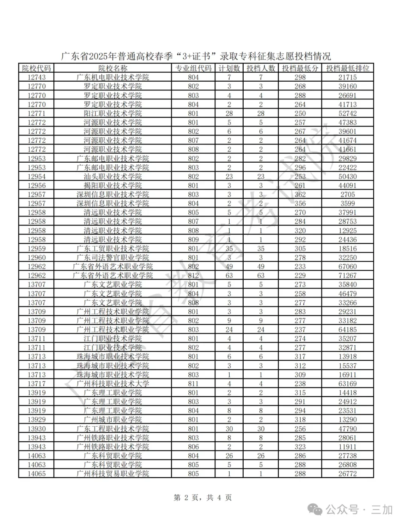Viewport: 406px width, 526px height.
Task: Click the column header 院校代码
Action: click(x=36, y=68)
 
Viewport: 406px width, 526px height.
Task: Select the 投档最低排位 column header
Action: click(x=347, y=68)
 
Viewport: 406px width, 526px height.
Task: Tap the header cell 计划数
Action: click(x=229, y=68)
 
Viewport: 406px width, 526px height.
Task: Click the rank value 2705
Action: click(x=347, y=195)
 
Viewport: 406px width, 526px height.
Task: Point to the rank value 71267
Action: click(x=347, y=276)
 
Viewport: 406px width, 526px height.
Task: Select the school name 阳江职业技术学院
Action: click(x=113, y=113)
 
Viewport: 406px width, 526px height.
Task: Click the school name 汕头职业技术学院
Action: click(x=113, y=177)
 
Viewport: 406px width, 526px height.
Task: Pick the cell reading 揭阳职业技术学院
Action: click(x=113, y=186)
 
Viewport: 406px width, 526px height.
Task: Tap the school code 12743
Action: click(x=36, y=77)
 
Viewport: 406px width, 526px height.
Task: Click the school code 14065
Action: click(x=36, y=474)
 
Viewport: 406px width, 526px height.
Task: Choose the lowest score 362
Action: click(x=300, y=195)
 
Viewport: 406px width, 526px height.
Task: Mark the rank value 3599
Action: click(x=347, y=203)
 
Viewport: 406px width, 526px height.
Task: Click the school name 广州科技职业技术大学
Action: click(x=113, y=384)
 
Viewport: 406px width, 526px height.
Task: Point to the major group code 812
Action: click(x=193, y=276)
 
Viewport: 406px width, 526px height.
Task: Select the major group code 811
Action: click(x=193, y=384)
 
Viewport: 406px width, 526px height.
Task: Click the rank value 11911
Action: click(x=347, y=447)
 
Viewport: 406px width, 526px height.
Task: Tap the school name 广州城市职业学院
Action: click(x=113, y=420)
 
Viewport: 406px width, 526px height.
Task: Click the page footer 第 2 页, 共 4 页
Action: click(x=203, y=498)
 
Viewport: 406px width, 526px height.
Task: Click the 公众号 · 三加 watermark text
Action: click(x=359, y=509)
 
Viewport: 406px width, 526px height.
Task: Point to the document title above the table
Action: click(x=196, y=56)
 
